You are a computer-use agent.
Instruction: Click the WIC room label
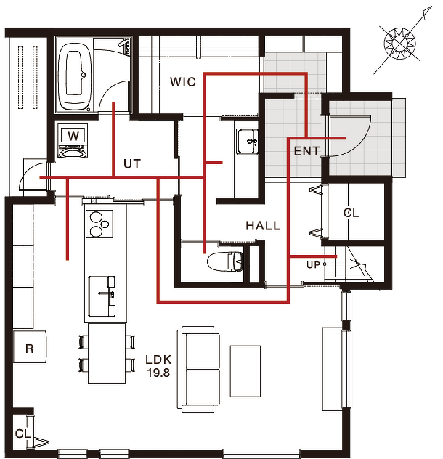[x=183, y=81]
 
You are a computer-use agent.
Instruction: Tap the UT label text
[x=132, y=163]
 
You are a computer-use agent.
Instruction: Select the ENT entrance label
[x=306, y=151]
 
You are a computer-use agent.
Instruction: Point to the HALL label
[x=263, y=225]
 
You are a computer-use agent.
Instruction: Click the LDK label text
[x=158, y=360]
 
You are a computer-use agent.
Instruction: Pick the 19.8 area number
[x=158, y=373]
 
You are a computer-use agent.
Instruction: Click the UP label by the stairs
[x=313, y=265]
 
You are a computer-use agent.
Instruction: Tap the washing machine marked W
[x=73, y=140]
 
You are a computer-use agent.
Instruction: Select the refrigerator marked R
[x=30, y=347]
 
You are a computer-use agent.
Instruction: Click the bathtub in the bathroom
[x=75, y=77]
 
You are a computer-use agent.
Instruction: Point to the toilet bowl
[x=225, y=261]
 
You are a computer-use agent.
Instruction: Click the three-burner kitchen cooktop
[x=99, y=224]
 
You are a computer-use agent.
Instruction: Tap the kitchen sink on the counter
[x=102, y=296]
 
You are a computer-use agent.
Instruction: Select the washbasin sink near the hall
[x=248, y=142]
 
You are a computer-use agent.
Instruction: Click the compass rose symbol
[x=400, y=44]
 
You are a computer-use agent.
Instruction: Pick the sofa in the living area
[x=198, y=370]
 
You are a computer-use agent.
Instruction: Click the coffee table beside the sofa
[x=245, y=371]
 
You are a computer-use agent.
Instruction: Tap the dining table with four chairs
[x=107, y=353]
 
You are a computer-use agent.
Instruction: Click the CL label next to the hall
[x=351, y=213]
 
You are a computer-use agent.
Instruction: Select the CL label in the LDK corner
[x=23, y=434]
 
